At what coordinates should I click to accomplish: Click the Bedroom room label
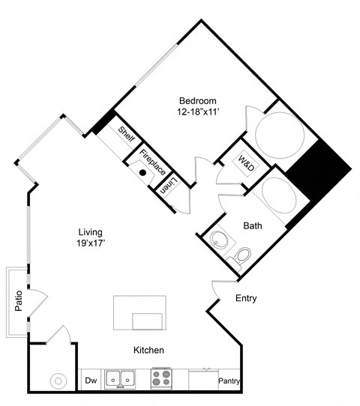tap(198, 100)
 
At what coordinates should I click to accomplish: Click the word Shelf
tap(126, 135)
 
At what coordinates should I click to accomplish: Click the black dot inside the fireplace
tap(142, 172)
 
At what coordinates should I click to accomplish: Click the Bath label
tap(252, 225)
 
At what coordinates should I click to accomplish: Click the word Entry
tap(246, 298)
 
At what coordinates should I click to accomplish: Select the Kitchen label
tap(148, 350)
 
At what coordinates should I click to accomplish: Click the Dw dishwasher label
tap(90, 381)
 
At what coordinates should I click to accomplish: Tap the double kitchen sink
tap(120, 379)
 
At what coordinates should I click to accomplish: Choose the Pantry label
tap(229, 381)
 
